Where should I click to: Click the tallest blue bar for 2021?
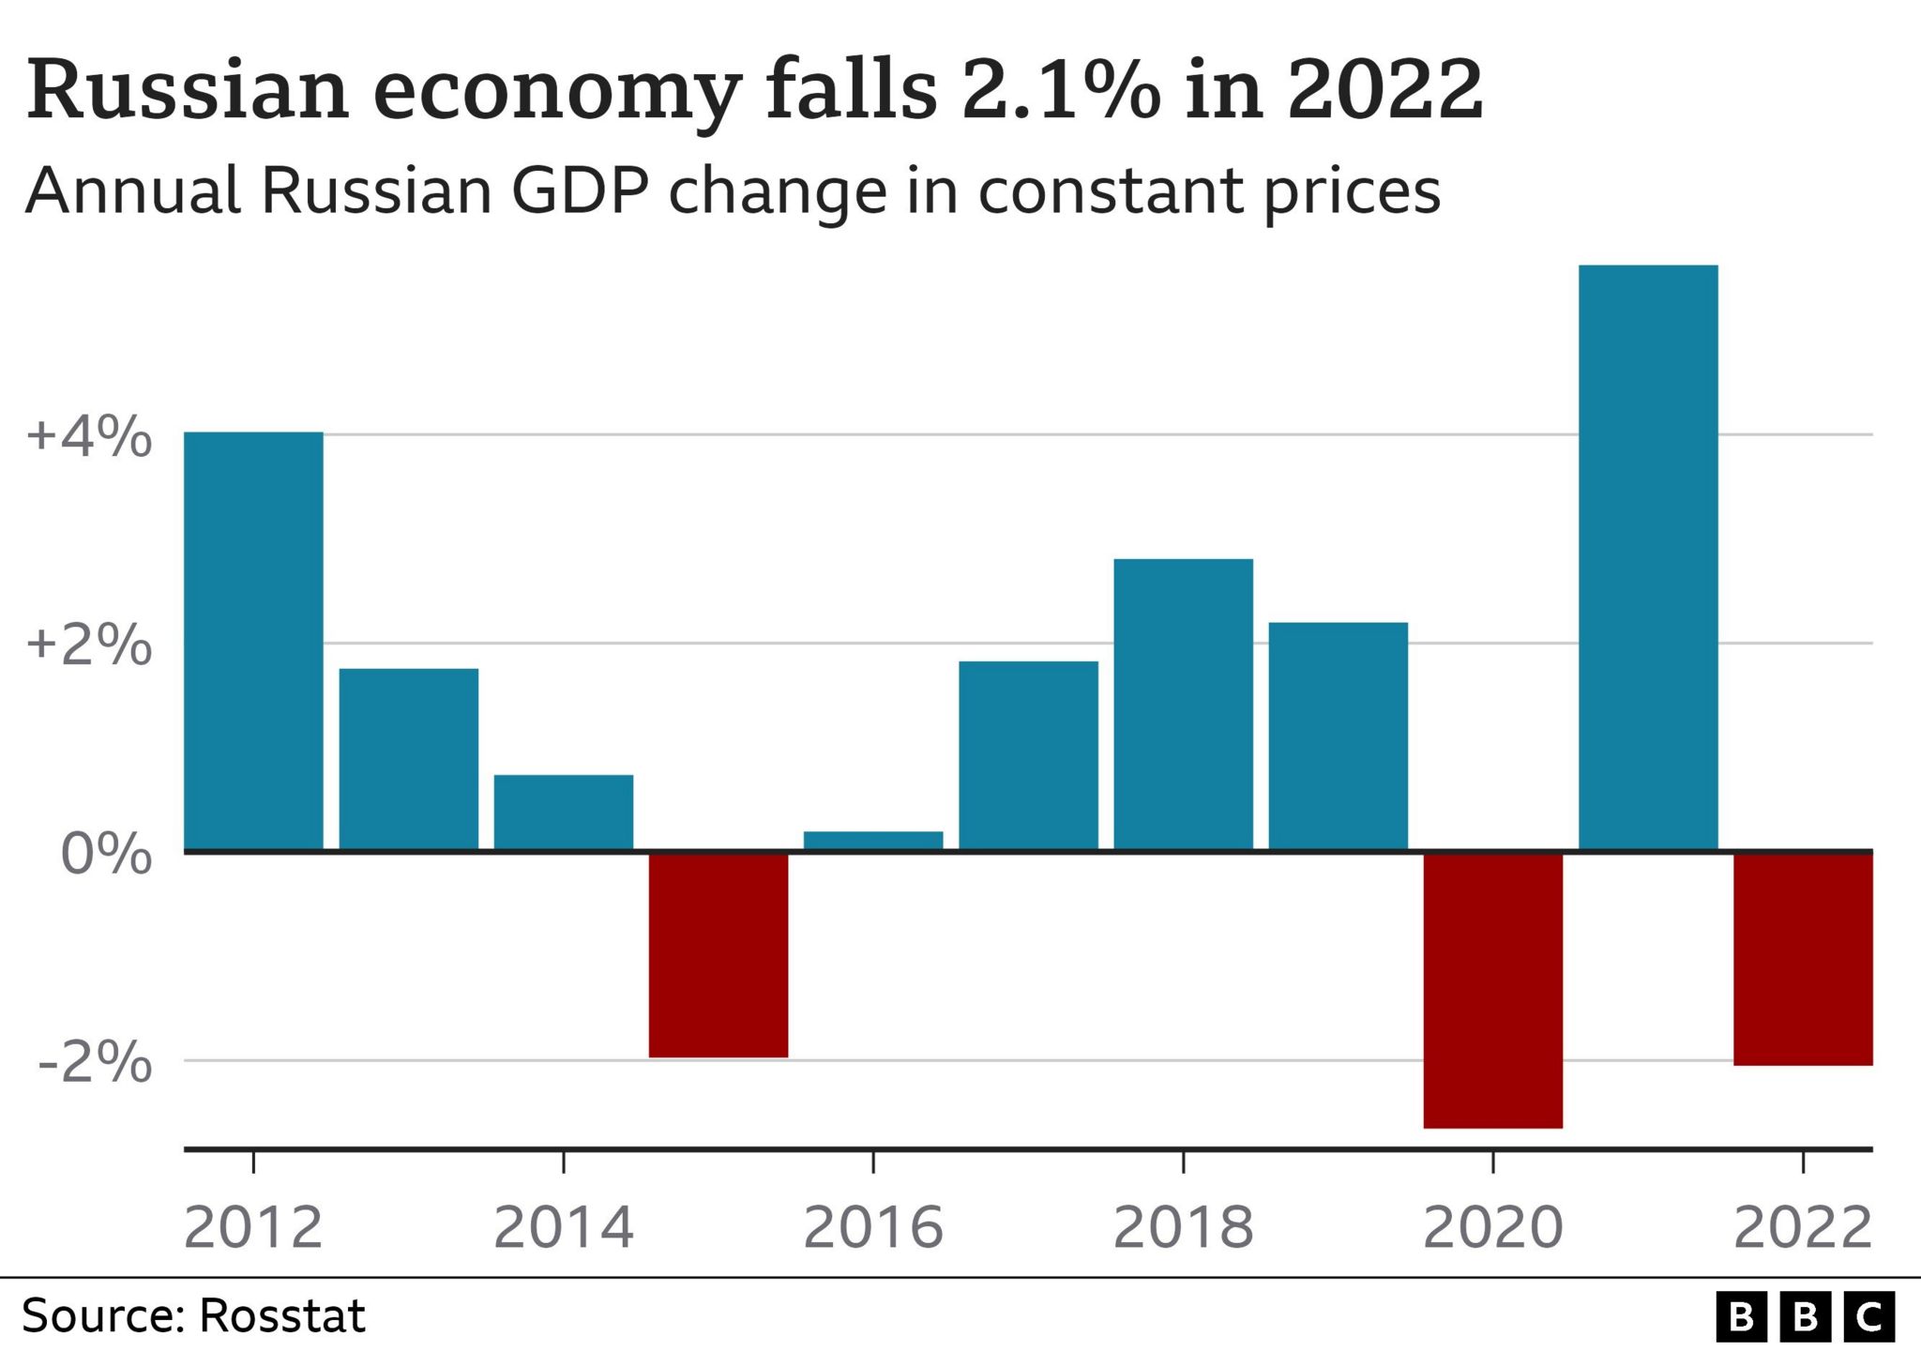tap(1648, 557)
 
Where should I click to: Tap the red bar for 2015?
tap(718, 954)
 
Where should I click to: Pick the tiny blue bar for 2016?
tap(873, 841)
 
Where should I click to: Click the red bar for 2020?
tap(1492, 989)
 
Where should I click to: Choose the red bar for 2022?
tap(1803, 958)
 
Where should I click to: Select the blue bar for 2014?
tap(564, 812)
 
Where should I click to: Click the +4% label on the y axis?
tap(89, 437)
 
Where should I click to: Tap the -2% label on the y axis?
tap(95, 1063)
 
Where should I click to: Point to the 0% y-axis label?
tap(106, 855)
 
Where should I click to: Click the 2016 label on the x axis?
tap(873, 1227)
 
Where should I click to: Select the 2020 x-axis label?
tap(1492, 1227)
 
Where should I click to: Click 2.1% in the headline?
tap(1061, 91)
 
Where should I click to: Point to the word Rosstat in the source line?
tap(281, 1316)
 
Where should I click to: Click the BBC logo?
tap(1805, 1317)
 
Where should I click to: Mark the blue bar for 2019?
tap(1338, 736)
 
